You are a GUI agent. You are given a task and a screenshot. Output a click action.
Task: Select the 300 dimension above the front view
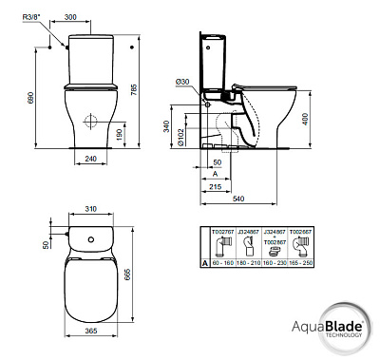click(x=98, y=17)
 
